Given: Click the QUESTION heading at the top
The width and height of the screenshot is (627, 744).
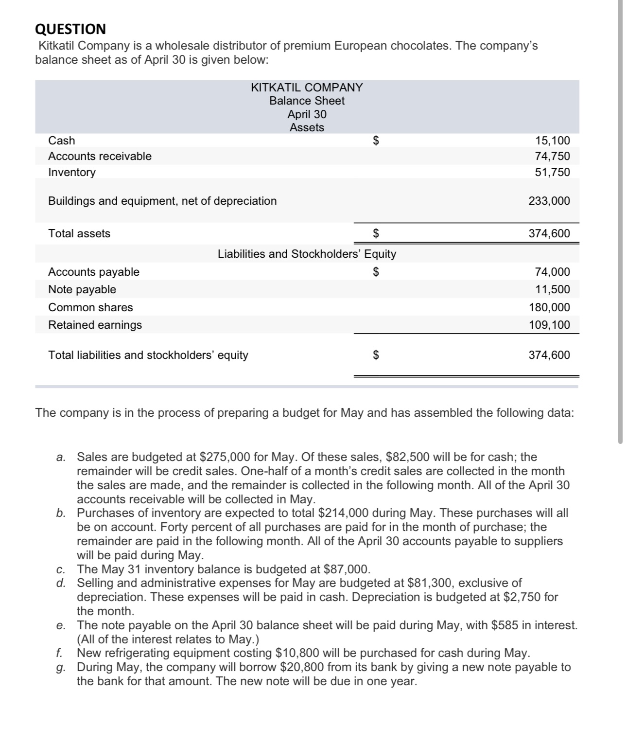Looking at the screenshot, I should point(70,29).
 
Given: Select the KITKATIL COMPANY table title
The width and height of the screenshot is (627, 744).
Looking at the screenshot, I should point(307,88).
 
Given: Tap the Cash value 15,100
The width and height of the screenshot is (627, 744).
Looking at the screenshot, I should point(553,141).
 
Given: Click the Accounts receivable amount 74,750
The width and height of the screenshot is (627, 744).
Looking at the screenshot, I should point(553,157).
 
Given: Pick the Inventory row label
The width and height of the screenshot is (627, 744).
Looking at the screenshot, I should point(72,172).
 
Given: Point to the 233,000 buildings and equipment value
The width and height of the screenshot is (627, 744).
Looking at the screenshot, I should point(549,201).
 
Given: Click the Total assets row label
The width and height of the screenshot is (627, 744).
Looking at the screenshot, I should point(79,233).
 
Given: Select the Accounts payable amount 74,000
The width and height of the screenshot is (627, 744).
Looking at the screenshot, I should point(553,272).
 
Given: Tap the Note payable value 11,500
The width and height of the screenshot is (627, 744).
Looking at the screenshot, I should point(553,290).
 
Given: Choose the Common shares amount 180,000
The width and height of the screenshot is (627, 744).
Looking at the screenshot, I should point(549,307).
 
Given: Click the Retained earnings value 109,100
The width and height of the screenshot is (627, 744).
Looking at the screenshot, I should point(549,325).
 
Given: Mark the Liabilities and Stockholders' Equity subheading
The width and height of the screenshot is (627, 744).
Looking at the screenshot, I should point(307,254).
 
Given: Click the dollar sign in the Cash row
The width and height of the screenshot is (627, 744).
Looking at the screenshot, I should point(375,141).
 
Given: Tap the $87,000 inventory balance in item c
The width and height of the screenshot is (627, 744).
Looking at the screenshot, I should point(346,569).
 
